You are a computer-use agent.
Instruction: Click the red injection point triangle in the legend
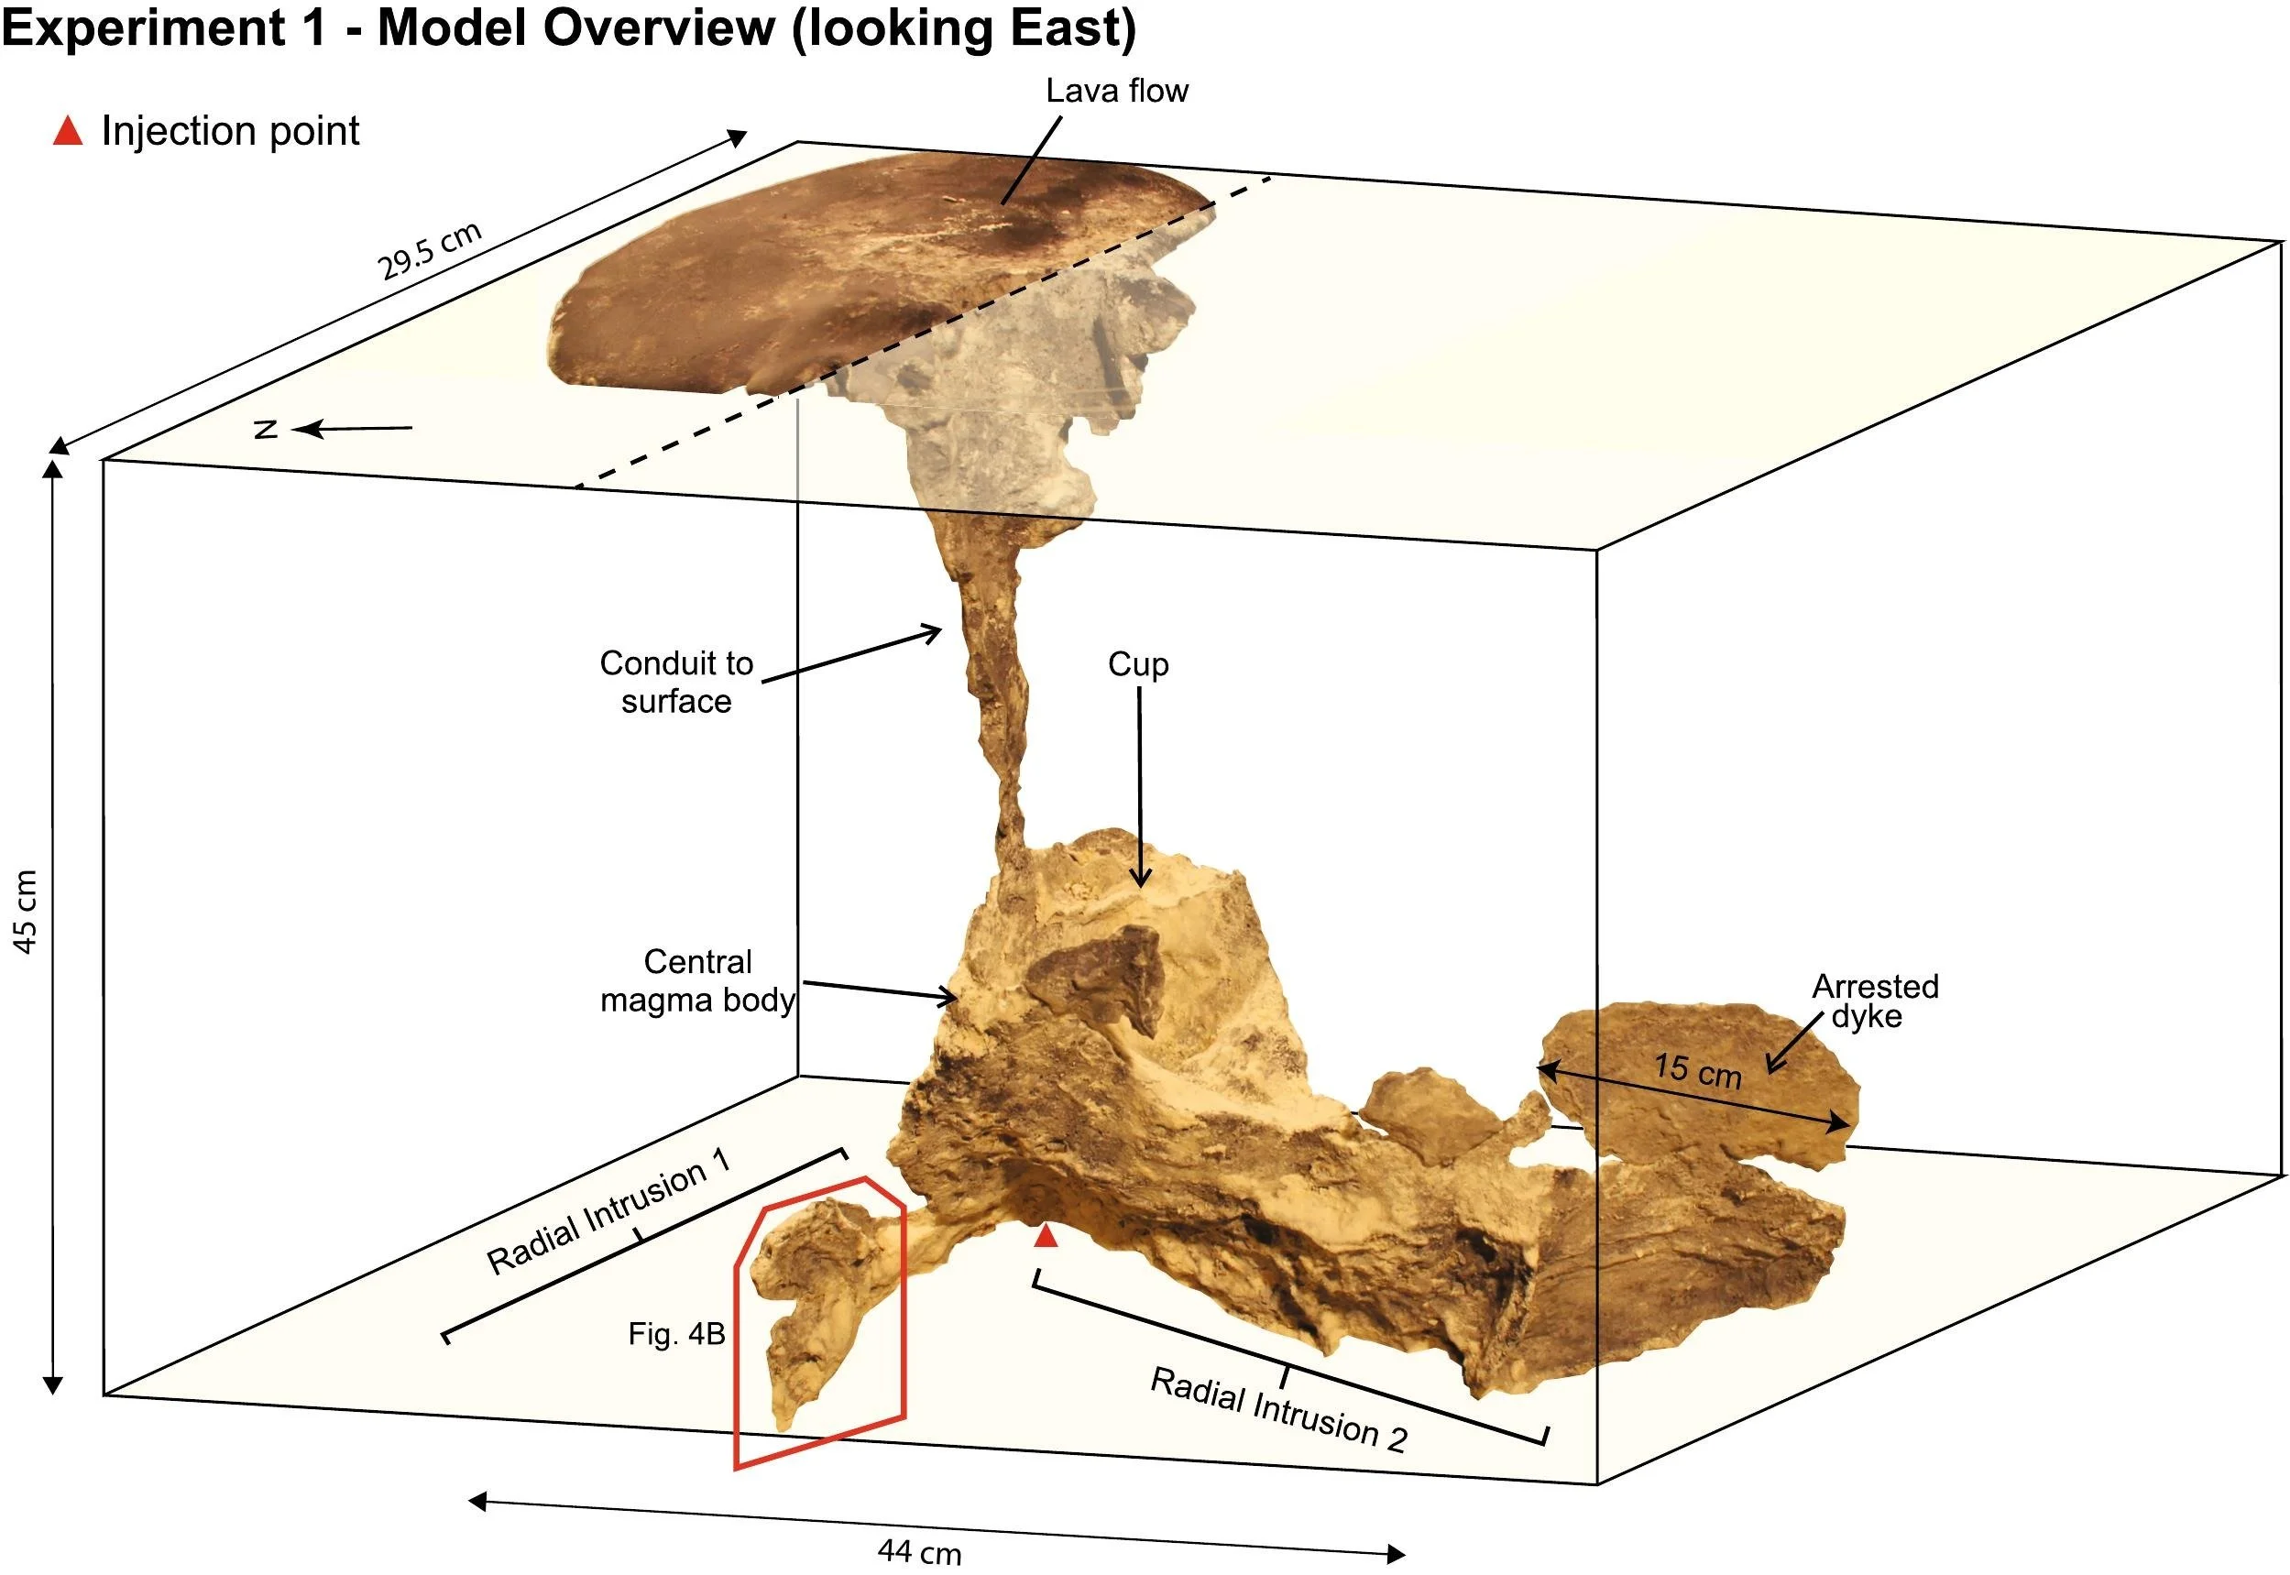click(x=67, y=131)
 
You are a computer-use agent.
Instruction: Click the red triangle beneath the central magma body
click(x=1046, y=1237)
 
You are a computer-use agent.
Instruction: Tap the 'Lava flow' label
click(x=1116, y=91)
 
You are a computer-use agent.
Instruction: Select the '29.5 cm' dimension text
click(x=431, y=251)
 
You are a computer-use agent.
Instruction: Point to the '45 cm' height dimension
click(x=26, y=912)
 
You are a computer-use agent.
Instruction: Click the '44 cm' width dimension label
click(x=919, y=1552)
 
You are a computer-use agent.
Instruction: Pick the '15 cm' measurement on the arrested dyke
click(x=1698, y=1072)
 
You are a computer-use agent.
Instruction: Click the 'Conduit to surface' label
click(x=676, y=682)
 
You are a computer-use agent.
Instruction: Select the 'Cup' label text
click(x=1138, y=664)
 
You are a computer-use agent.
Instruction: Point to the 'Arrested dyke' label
click(x=1875, y=1001)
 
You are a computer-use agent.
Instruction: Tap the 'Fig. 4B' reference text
click(x=676, y=1334)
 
